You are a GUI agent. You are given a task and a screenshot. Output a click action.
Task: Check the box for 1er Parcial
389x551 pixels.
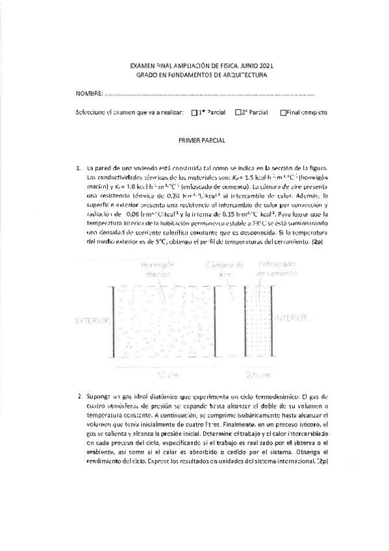(195, 112)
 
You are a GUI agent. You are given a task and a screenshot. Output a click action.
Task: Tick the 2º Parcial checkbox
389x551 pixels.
(238, 112)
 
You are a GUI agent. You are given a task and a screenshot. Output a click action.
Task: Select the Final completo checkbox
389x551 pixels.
(282, 112)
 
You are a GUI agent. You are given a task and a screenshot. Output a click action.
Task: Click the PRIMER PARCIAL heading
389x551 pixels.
(201, 140)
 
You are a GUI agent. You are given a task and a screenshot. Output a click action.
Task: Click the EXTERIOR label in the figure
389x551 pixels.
(90, 320)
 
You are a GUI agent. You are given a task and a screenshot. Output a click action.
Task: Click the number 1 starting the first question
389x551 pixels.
(78, 167)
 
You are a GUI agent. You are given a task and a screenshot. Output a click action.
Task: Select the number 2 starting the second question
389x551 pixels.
(79, 395)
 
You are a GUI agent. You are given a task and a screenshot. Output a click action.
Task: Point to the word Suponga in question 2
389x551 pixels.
(99, 395)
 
